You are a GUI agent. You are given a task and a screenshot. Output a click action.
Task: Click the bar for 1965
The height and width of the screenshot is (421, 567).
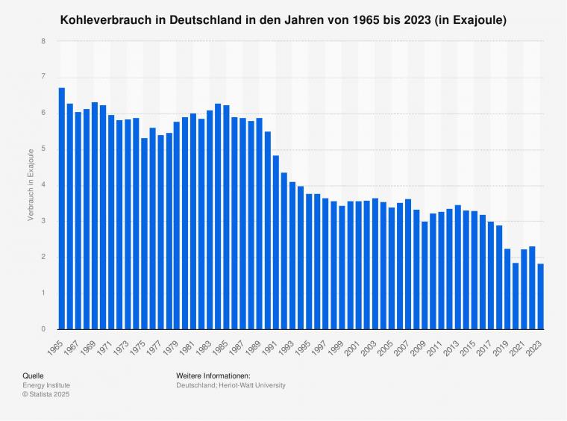tap(62, 208)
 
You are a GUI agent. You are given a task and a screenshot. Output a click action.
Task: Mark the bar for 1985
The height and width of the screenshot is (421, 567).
tap(227, 216)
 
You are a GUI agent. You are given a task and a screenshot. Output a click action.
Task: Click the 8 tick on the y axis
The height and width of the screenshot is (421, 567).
tap(44, 41)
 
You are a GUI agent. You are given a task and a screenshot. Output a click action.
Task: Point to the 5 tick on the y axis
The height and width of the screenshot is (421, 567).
tap(44, 149)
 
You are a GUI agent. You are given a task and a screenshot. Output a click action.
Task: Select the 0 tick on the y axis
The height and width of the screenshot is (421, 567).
tap(44, 329)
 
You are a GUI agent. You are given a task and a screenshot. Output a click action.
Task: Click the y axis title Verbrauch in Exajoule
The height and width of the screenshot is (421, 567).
tap(31, 185)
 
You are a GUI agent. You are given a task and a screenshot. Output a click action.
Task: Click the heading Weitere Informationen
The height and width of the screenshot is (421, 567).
tap(213, 375)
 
